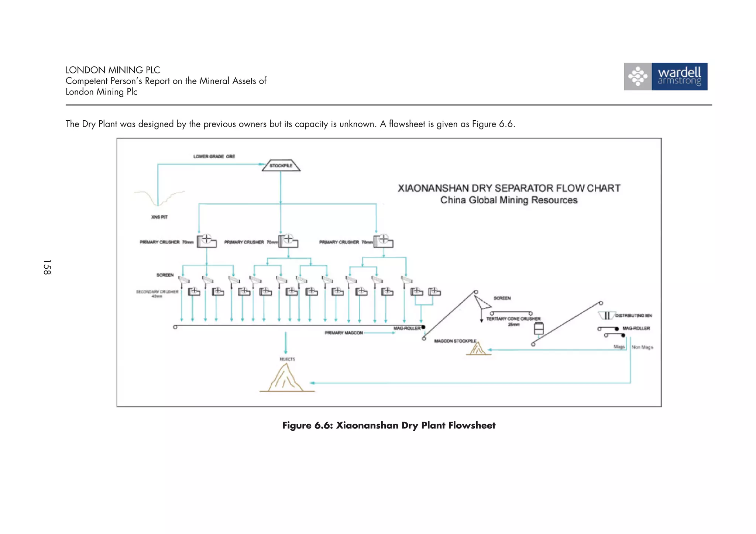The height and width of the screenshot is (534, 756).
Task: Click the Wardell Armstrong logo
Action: pyautogui.click(x=666, y=76)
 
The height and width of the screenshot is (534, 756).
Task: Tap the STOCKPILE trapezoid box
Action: pyautogui.click(x=281, y=166)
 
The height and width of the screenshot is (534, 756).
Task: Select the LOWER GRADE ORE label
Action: pyautogui.click(x=214, y=156)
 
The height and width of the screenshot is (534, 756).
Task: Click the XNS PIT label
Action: pyautogui.click(x=159, y=217)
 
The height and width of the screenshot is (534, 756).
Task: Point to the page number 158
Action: pyautogui.click(x=47, y=267)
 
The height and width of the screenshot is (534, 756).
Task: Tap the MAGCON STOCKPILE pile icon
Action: pyautogui.click(x=478, y=349)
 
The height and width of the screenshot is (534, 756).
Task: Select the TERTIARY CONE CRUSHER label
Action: pyautogui.click(x=513, y=319)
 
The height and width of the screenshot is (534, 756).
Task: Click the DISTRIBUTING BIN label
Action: pyautogui.click(x=633, y=316)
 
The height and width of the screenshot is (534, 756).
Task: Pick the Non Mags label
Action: pyautogui.click(x=642, y=347)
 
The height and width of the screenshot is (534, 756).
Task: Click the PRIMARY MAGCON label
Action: pyautogui.click(x=344, y=333)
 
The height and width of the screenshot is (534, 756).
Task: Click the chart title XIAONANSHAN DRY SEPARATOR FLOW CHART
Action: pyautogui.click(x=509, y=188)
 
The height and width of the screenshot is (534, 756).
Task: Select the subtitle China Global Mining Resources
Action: pyautogui.click(x=509, y=200)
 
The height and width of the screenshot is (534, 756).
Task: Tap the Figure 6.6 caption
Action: pyautogui.click(x=389, y=426)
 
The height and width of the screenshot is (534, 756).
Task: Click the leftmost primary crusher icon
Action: pyautogui.click(x=206, y=241)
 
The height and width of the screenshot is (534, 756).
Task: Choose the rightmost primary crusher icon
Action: pyautogui.click(x=384, y=241)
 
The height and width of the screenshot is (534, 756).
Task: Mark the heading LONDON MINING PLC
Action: pyautogui.click(x=113, y=70)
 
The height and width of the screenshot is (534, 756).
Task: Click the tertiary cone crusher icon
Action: pyautogui.click(x=539, y=328)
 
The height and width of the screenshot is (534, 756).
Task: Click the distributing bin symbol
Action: pyautogui.click(x=606, y=316)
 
